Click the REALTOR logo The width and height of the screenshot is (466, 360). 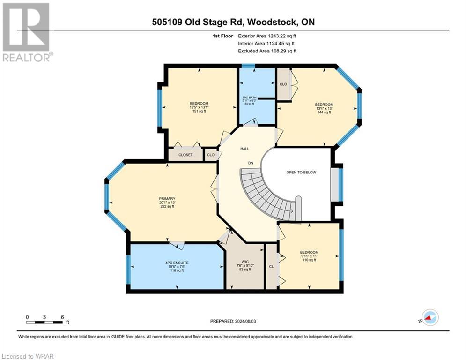pyautogui.click(x=27, y=32)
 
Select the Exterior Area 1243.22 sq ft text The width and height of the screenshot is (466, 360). pyautogui.click(x=267, y=36)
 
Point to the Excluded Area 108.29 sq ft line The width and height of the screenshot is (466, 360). pyautogui.click(x=267, y=51)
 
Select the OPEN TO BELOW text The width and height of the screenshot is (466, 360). pyautogui.click(x=301, y=172)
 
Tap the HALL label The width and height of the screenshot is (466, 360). pyautogui.click(x=244, y=149)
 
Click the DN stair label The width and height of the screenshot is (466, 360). pyautogui.click(x=251, y=163)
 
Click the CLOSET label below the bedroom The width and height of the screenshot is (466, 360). pyautogui.click(x=185, y=155)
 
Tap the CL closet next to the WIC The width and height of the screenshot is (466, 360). pyautogui.click(x=271, y=266)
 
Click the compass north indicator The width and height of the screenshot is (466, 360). pyautogui.click(x=429, y=318)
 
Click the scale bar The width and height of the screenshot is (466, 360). pyautogui.click(x=45, y=322)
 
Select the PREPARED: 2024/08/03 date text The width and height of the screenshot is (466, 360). pyautogui.click(x=233, y=321)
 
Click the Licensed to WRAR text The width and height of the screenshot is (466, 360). pyautogui.click(x=27, y=356)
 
